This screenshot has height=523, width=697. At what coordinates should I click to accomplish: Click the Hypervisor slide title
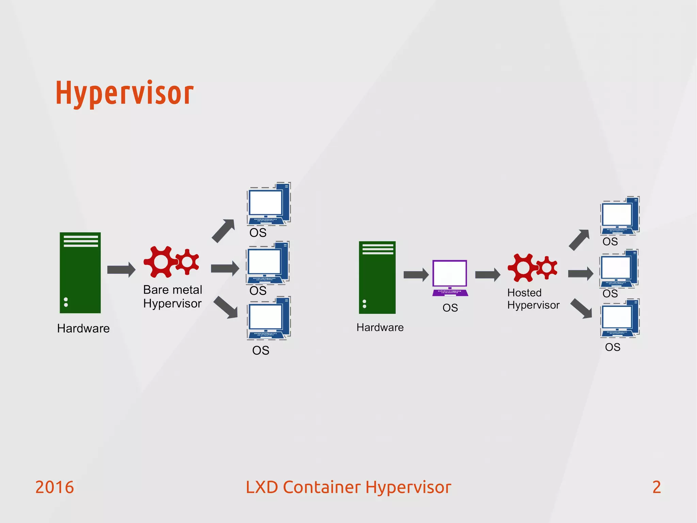tap(125, 93)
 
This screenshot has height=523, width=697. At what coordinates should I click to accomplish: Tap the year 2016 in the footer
tap(54, 487)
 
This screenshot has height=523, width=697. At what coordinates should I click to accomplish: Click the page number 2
tap(657, 487)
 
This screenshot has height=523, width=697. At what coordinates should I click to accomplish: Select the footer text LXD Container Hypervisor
tap(348, 487)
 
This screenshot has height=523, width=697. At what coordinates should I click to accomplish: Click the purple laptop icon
tap(450, 278)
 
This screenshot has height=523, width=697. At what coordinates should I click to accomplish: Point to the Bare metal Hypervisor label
tap(173, 296)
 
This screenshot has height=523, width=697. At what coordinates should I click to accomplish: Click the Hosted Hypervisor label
tap(533, 299)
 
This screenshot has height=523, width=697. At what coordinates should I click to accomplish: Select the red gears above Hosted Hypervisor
tap(532, 267)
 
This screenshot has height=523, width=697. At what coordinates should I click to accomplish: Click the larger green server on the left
tap(80, 273)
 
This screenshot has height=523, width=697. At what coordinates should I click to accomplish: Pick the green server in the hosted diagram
tap(377, 277)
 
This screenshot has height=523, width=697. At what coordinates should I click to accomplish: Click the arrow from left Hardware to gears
tap(121, 270)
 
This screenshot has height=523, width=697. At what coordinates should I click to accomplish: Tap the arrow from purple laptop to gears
tap(487, 275)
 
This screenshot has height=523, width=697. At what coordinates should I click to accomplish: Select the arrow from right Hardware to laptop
tap(416, 275)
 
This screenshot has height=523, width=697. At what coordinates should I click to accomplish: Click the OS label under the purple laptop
tap(450, 308)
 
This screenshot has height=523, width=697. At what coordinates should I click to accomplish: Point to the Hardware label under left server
tap(83, 328)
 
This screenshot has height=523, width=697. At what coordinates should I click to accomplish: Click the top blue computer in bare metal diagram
tap(269, 204)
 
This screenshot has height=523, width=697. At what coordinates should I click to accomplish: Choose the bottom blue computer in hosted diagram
tap(619, 319)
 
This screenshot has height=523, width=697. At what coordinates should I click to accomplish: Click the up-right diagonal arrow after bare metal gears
tap(224, 231)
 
